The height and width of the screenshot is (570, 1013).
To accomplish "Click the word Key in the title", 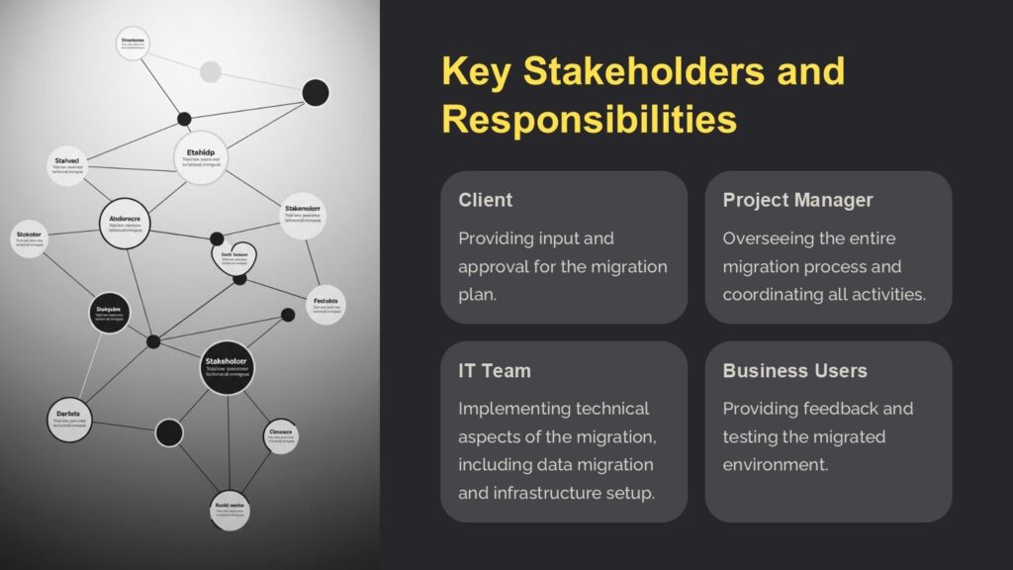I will click(x=474, y=72).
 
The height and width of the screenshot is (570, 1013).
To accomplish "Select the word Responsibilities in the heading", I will click(x=589, y=120).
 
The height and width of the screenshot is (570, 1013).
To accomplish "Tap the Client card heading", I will click(x=485, y=200).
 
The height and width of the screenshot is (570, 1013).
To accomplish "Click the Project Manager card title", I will click(x=797, y=200).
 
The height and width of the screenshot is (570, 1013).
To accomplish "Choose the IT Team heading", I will click(x=495, y=371).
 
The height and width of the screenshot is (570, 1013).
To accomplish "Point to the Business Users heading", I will click(x=794, y=371).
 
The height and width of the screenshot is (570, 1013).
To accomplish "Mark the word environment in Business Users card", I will click(x=775, y=464).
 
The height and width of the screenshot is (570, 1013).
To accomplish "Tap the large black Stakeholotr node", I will click(x=230, y=367).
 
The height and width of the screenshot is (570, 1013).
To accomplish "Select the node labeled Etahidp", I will click(x=207, y=158).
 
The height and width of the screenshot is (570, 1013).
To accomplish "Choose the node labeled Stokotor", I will click(x=30, y=238).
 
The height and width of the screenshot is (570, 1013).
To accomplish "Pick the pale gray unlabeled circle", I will click(x=211, y=71).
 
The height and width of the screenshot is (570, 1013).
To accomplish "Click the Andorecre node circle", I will click(x=125, y=224).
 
